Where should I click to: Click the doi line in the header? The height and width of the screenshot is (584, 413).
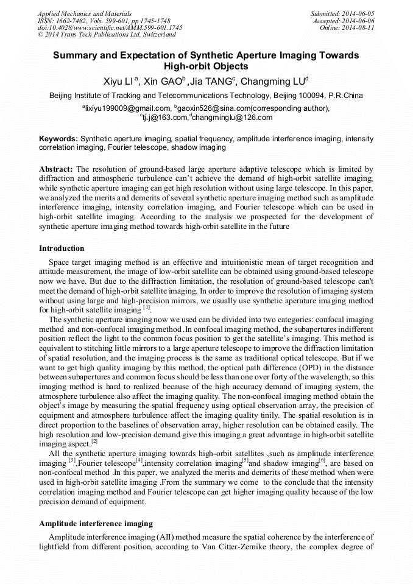[x=110, y=27]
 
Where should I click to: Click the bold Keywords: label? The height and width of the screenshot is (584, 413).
[x=58, y=139]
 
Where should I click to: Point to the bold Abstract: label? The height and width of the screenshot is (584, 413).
[x=56, y=169]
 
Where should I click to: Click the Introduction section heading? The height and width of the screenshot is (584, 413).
[x=62, y=248]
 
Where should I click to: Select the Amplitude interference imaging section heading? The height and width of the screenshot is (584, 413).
[x=96, y=523]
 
